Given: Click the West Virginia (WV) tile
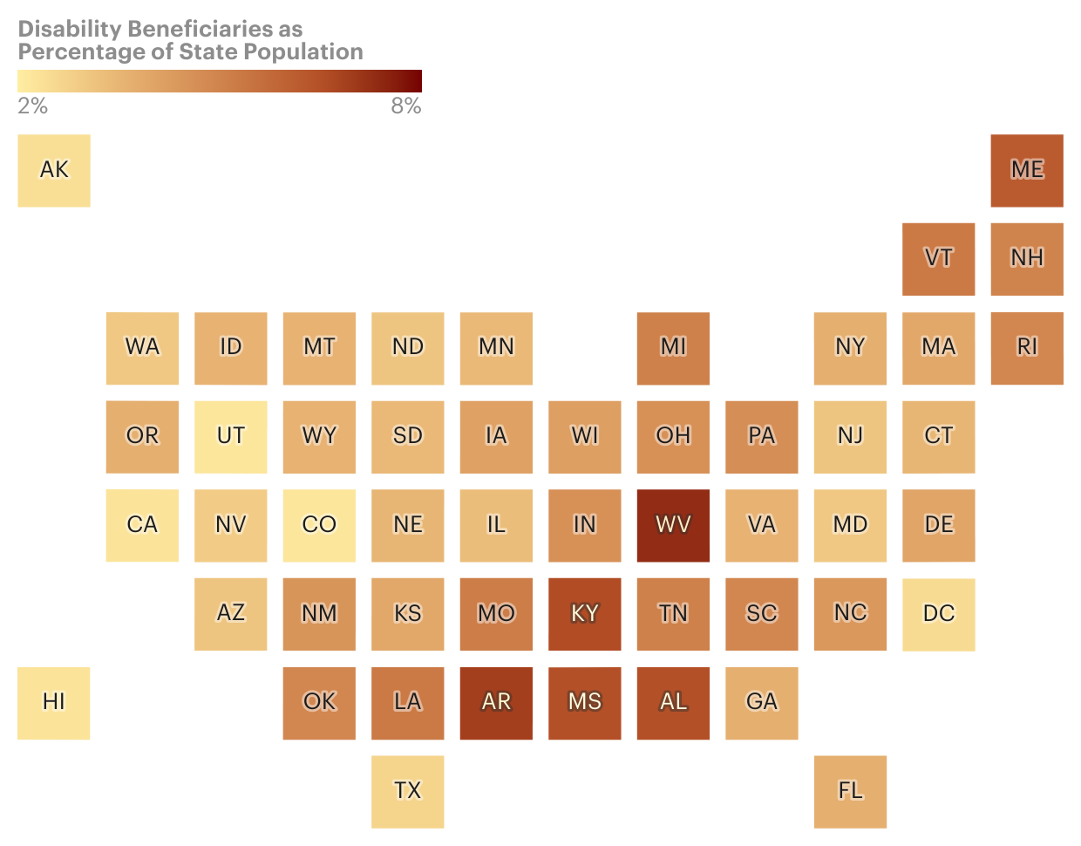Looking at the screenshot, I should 673,525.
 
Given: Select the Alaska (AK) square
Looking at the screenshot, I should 54,170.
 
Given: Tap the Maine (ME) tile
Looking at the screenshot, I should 1027,170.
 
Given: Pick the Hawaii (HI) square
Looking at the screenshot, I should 54,703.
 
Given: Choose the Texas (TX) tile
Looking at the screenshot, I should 408,791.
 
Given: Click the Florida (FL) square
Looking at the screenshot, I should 850,791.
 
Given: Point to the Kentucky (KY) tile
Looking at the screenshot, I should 585,614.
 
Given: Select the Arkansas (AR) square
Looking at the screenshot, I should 496,703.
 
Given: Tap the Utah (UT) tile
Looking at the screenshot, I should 231,436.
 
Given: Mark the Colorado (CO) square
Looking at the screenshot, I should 319,525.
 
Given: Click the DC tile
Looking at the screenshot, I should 939,614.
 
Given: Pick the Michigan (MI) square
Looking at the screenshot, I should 673,348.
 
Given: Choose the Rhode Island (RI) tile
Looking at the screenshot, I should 1027,348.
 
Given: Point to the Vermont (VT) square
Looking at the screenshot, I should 939,259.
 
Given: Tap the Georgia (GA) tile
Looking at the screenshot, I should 762,703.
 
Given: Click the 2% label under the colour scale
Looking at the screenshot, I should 33,106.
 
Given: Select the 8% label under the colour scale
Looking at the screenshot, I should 405,106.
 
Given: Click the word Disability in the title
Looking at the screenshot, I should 70,29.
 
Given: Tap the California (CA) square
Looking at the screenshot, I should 142,525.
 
